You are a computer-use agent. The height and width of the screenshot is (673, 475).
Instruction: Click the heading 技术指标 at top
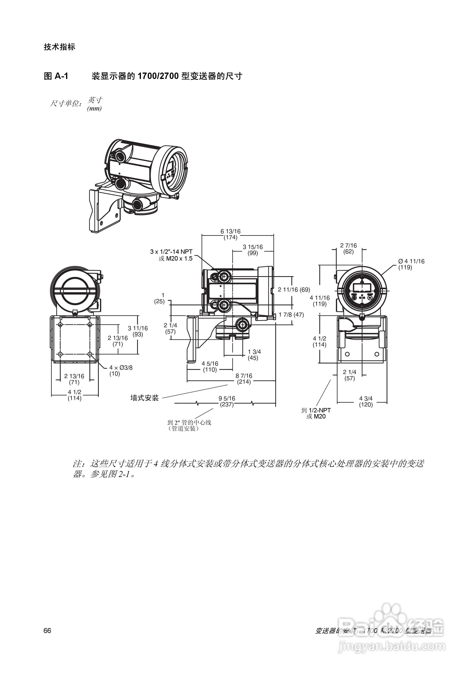59,47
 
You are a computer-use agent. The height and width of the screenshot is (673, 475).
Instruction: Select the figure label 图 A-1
56,76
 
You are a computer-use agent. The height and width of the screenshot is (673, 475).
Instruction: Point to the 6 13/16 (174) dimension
231,235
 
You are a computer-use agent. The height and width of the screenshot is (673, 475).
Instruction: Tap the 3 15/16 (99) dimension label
253,250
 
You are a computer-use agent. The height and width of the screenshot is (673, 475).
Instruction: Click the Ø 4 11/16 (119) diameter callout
411,264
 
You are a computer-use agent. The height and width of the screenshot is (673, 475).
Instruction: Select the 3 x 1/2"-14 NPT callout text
171,252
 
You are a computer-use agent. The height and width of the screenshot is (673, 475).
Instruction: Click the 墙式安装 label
144,398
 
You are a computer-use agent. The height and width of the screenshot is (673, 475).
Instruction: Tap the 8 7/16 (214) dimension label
244,379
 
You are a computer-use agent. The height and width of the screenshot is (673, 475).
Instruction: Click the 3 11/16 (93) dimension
138,331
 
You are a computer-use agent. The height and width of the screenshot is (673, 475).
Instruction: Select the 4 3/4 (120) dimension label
366,402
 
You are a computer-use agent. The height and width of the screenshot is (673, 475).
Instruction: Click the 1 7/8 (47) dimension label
291,315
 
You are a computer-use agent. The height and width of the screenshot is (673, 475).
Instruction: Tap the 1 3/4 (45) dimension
254,355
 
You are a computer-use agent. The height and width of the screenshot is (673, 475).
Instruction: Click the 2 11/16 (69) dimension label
294,290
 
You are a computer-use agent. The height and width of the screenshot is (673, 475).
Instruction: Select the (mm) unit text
94,109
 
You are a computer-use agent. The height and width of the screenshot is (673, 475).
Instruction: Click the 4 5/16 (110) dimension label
210,367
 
